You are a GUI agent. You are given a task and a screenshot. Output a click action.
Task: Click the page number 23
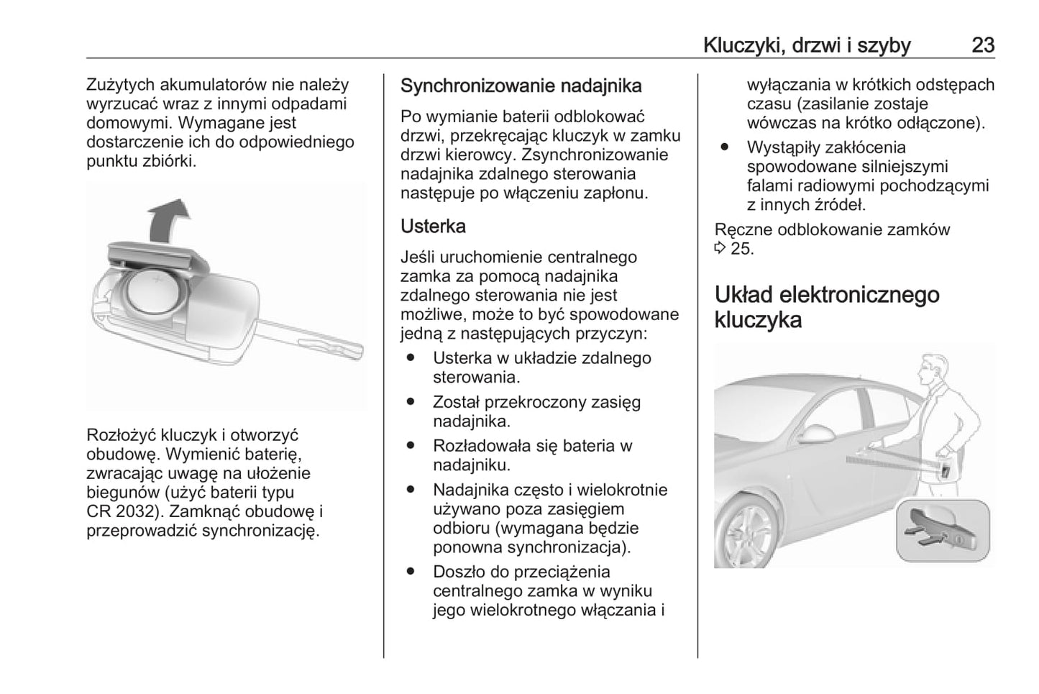tap(983, 45)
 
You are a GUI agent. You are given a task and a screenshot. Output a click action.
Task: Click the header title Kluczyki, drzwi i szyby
tap(807, 45)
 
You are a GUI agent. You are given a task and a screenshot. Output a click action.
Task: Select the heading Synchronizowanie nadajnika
tap(521, 86)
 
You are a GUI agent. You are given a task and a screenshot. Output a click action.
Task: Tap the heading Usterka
tap(433, 227)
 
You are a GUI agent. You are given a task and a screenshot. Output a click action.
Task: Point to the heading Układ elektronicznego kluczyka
tap(827, 307)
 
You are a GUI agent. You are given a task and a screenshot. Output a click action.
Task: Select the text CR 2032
tap(119, 512)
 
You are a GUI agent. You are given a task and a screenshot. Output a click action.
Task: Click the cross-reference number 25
tap(742, 249)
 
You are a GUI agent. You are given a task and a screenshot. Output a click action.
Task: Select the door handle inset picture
tap(943, 530)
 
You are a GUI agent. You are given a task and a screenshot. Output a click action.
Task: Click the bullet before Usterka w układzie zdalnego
tap(411, 358)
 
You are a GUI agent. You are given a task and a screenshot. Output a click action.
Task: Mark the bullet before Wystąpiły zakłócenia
tap(725, 147)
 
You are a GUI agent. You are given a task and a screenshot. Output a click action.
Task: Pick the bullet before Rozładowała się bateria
tap(411, 446)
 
